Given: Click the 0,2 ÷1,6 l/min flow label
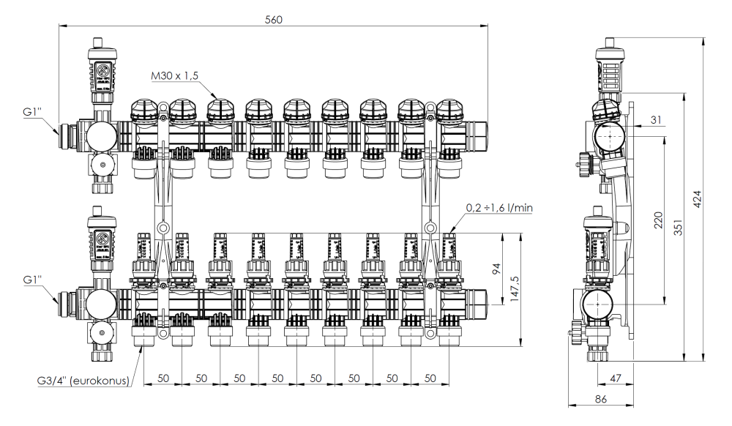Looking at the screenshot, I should tap(498, 208).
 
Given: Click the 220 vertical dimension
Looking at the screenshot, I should tap(657, 220).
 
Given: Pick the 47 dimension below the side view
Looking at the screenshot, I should tap(616, 378).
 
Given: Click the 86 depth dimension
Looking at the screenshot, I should tap(600, 400).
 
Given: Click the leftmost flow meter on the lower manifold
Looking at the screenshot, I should tap(142, 253).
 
